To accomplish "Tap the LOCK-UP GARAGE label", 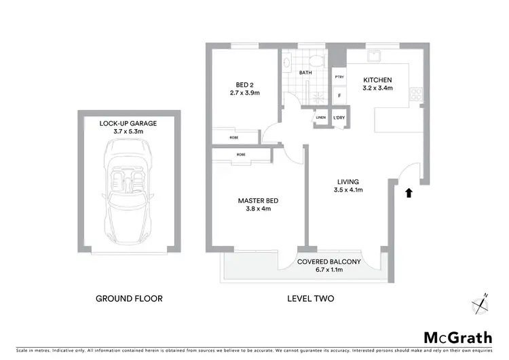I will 129,123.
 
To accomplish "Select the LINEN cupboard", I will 320,118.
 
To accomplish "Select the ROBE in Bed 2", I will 234,137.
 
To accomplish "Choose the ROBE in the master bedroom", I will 241,155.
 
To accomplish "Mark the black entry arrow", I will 408,193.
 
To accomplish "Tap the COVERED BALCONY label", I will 329,262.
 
